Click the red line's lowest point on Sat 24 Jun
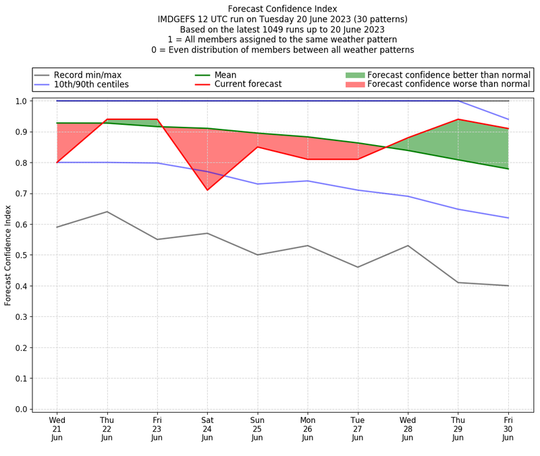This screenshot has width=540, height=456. [207, 190]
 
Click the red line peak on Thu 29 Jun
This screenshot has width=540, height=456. [458, 119]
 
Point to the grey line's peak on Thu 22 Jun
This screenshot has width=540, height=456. [107, 212]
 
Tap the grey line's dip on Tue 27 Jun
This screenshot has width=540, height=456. [358, 267]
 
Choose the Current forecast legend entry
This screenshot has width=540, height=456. [248, 84]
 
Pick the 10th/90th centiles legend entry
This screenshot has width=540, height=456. [91, 84]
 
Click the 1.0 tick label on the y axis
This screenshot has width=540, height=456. [22, 101]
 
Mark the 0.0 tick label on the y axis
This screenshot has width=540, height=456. [22, 409]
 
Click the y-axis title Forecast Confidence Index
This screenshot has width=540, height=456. [8, 255]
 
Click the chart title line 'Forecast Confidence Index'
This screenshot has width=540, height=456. [282, 9]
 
